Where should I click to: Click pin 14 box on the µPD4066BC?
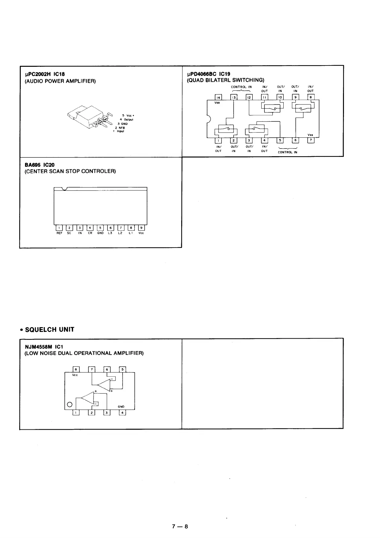219,97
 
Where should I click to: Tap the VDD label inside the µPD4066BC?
217,103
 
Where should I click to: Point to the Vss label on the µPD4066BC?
310,135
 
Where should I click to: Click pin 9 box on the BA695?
141,228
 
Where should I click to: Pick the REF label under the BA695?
59,233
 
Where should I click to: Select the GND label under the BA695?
101,233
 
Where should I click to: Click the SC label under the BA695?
69,233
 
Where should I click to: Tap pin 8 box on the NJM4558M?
76,370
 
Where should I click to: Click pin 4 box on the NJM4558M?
122,412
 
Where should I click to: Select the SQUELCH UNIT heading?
49,330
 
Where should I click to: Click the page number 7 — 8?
180,527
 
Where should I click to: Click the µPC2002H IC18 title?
45,74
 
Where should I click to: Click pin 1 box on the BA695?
59,228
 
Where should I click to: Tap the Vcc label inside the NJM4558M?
75,375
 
